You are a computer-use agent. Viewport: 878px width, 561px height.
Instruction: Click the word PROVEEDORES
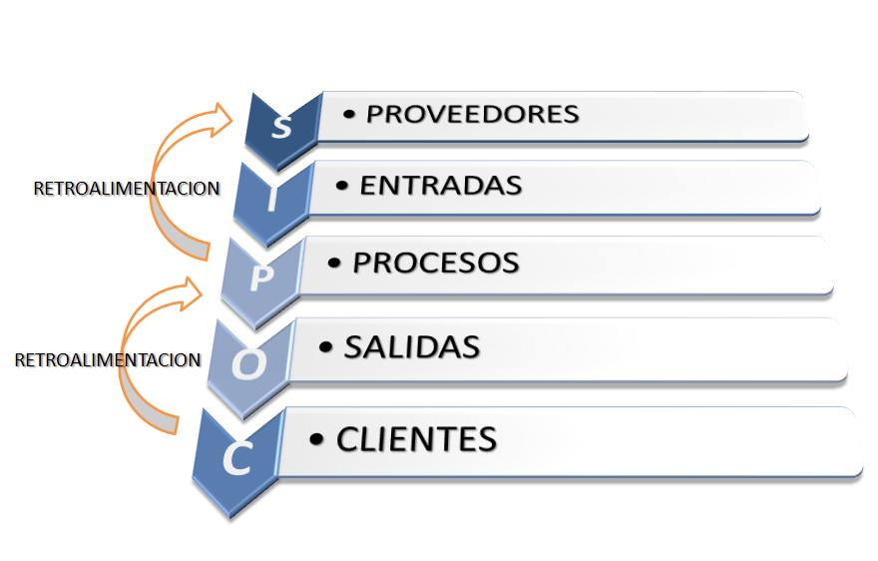pyautogui.click(x=472, y=114)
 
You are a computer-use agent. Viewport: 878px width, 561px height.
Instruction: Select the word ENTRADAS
pyautogui.click(x=440, y=186)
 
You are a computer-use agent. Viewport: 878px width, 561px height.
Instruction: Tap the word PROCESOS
pyautogui.click(x=436, y=263)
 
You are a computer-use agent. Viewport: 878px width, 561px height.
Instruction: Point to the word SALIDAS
pyautogui.click(x=412, y=347)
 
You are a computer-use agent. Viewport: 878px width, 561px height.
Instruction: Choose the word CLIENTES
pyautogui.click(x=416, y=438)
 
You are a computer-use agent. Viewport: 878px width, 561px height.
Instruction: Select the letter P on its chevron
pyautogui.click(x=259, y=278)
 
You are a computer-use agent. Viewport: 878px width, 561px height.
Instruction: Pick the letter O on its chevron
pyautogui.click(x=248, y=365)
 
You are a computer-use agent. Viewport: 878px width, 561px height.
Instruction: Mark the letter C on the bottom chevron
pyautogui.click(x=236, y=458)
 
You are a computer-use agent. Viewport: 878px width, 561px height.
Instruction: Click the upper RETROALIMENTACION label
pyautogui.click(x=126, y=188)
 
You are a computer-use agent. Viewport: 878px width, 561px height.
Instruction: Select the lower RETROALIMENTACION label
pyautogui.click(x=108, y=360)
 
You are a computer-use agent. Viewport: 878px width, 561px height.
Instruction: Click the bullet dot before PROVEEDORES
pyautogui.click(x=348, y=115)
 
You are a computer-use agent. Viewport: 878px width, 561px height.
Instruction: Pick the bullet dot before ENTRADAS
pyautogui.click(x=342, y=187)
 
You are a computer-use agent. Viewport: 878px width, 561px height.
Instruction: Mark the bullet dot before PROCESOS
pyautogui.click(x=335, y=264)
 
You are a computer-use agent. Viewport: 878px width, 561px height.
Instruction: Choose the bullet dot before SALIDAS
pyautogui.click(x=325, y=348)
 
